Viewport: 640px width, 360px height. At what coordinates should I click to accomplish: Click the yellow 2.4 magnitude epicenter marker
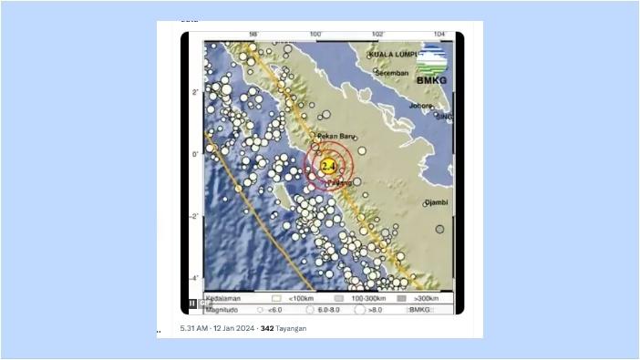tap(328, 165)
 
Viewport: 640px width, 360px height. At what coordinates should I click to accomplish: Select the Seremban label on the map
tap(391, 73)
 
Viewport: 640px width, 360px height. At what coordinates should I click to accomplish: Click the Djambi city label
tap(437, 202)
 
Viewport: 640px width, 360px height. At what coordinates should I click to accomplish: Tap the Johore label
tap(420, 105)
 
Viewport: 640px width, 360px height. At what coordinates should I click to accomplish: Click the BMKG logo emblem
tap(432, 60)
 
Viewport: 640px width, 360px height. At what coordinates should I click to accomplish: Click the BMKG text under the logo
tap(431, 80)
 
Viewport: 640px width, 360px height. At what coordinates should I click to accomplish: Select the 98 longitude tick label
tap(253, 35)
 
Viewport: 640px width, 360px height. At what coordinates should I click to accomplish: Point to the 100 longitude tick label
tap(315, 35)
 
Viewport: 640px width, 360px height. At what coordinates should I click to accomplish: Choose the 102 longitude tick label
tap(377, 35)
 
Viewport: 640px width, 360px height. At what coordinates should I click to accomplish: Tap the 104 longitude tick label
tap(439, 35)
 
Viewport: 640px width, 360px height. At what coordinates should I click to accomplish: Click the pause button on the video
tap(192, 303)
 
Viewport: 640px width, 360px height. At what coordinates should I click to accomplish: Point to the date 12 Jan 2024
tap(233, 328)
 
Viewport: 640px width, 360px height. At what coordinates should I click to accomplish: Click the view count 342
tap(267, 328)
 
